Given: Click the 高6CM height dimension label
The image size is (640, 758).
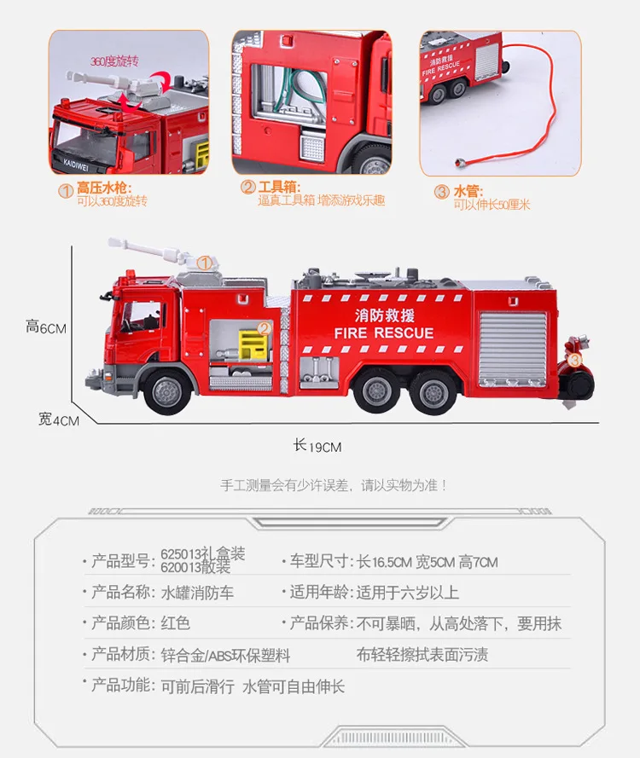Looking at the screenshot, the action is [x=46, y=327].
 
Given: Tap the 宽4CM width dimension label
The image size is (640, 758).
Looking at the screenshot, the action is [x=59, y=420].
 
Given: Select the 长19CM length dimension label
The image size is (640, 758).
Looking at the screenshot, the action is [x=317, y=446].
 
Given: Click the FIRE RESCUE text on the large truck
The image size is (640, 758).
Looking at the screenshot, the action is [x=384, y=333].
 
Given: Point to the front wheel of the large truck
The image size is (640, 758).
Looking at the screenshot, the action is [x=167, y=391].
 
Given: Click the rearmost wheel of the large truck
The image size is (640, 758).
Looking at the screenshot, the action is [x=433, y=392].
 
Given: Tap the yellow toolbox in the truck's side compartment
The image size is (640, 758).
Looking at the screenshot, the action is [x=253, y=344].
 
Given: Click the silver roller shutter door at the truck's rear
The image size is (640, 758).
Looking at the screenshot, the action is [x=513, y=349].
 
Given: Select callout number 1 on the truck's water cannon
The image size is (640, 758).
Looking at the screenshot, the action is [x=205, y=263].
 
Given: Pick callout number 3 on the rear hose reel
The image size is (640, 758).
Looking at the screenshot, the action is [x=574, y=360].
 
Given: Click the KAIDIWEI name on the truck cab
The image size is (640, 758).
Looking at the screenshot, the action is [x=76, y=165].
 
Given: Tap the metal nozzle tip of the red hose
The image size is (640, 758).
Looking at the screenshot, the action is [x=457, y=162].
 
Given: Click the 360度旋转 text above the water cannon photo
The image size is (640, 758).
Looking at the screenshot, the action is [x=114, y=61].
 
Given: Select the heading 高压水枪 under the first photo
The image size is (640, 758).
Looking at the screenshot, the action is [x=104, y=188].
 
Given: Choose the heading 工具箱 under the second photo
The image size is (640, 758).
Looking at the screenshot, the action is [x=279, y=187].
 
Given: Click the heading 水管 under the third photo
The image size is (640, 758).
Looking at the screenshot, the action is [x=468, y=192].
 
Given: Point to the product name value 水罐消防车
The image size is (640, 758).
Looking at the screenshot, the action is [x=197, y=593].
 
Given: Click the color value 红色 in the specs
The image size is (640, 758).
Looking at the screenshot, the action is [x=175, y=623].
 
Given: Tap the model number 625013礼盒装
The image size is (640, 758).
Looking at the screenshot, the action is [x=203, y=553].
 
